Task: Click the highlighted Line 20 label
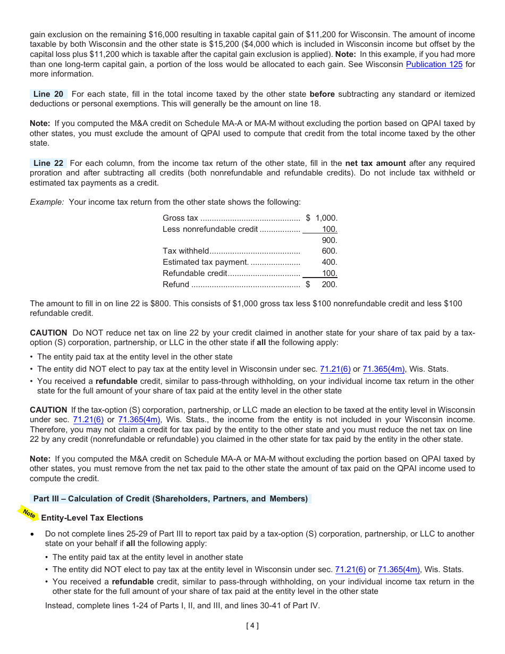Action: pyautogui.click(x=48, y=94)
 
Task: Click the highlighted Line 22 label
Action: pyautogui.click(x=48, y=163)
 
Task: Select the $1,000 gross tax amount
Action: pyautogui.click(x=322, y=218)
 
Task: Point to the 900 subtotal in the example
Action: pyautogui.click(x=329, y=240)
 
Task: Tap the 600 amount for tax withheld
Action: pyautogui.click(x=329, y=251)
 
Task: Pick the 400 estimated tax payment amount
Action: pyautogui.click(x=329, y=262)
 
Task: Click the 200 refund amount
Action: pyautogui.click(x=329, y=284)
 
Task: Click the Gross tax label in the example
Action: pyautogui.click(x=180, y=218)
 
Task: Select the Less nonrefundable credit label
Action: pyautogui.click(x=210, y=229)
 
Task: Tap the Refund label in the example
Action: pyautogui.click(x=175, y=284)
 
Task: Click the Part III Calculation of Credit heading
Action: pyautogui.click(x=170, y=499)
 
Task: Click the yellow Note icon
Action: pyautogui.click(x=29, y=514)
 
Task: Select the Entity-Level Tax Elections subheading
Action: pyautogui.click(x=92, y=518)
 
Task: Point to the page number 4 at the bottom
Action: pyautogui.click(x=252, y=626)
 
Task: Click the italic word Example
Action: pyautogui.click(x=47, y=202)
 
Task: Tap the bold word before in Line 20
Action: pyautogui.click(x=322, y=94)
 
